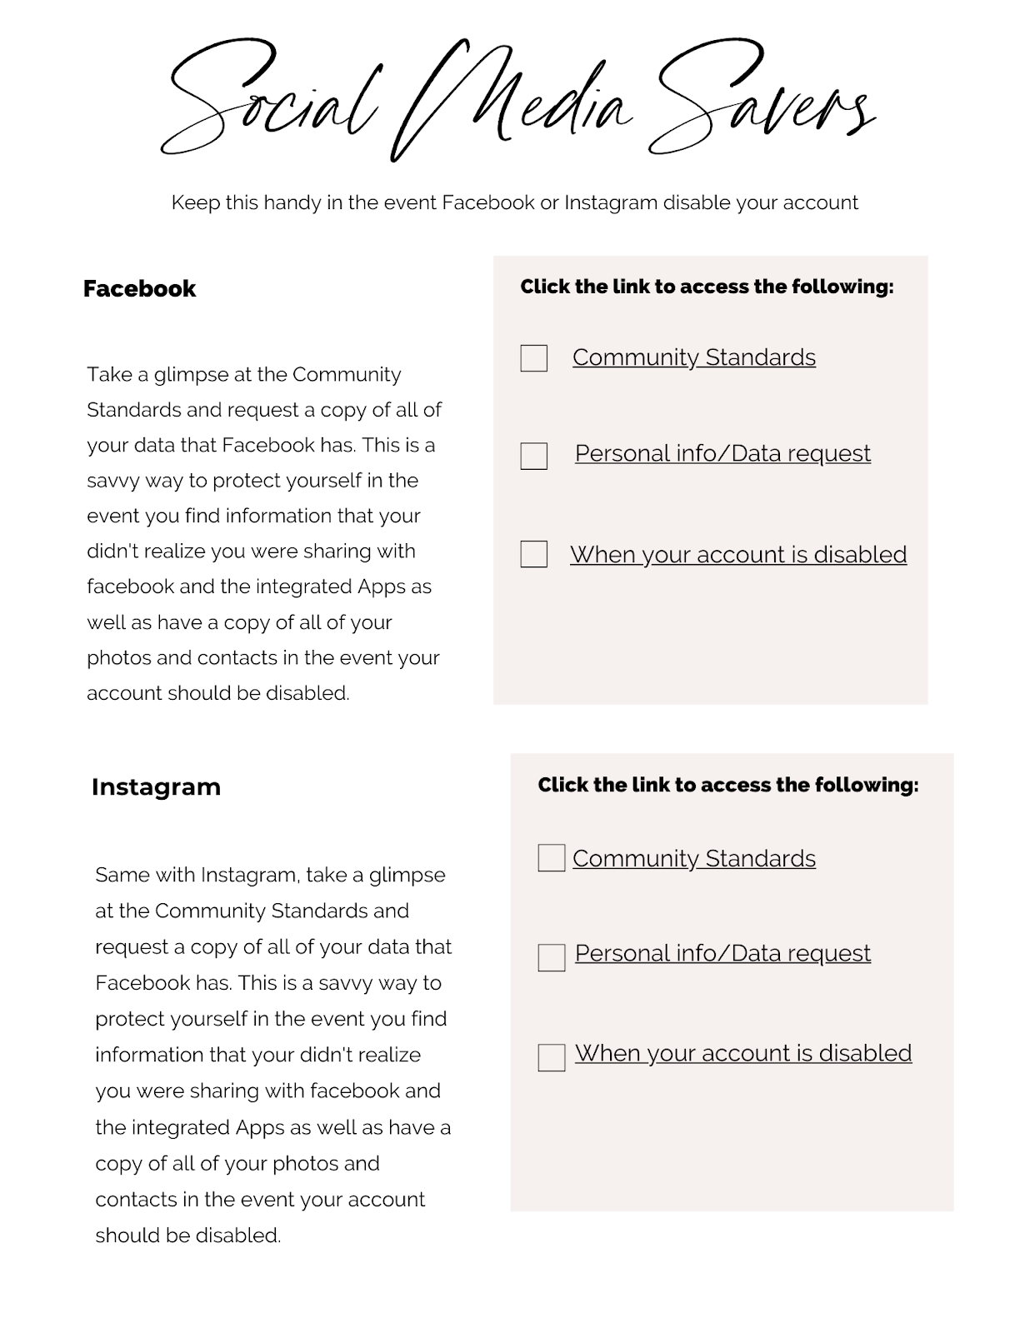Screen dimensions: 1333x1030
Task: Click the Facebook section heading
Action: (x=139, y=288)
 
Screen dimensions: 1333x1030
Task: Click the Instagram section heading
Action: (x=156, y=786)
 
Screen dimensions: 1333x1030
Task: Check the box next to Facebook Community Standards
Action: (x=533, y=358)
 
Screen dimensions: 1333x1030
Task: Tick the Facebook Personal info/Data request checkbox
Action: (x=533, y=456)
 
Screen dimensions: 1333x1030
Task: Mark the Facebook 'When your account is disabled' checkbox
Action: (x=533, y=554)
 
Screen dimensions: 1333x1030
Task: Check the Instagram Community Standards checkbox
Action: (x=551, y=858)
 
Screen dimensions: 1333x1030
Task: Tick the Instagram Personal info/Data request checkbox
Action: (x=551, y=957)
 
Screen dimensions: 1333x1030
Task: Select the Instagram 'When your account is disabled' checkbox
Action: (x=551, y=1057)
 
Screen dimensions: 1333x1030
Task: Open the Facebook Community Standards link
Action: (x=693, y=357)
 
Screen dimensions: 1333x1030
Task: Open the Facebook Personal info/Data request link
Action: (x=722, y=453)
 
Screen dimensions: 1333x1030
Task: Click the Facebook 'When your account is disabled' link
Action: (x=738, y=554)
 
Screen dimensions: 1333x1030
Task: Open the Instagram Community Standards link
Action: (x=693, y=858)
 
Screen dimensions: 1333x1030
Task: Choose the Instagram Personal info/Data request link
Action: (x=722, y=953)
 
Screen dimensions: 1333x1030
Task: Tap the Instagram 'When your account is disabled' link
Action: (x=743, y=1053)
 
